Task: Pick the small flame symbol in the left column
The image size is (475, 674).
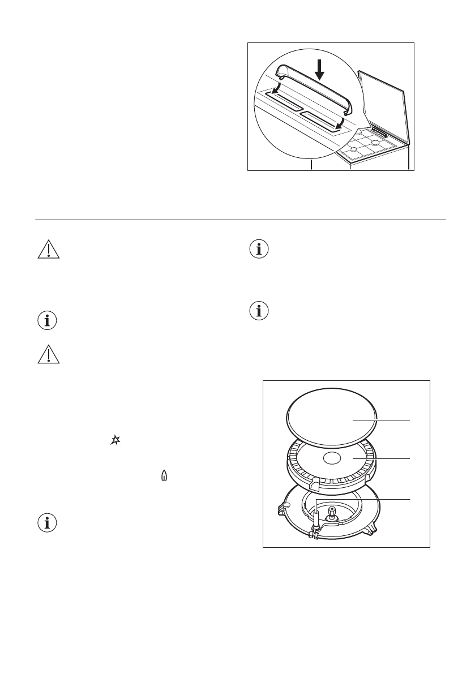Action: pos(164,477)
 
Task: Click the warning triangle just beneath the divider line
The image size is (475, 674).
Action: pos(48,251)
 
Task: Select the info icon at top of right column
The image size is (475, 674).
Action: pos(260,250)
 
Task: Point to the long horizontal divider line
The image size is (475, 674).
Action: pos(241,220)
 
